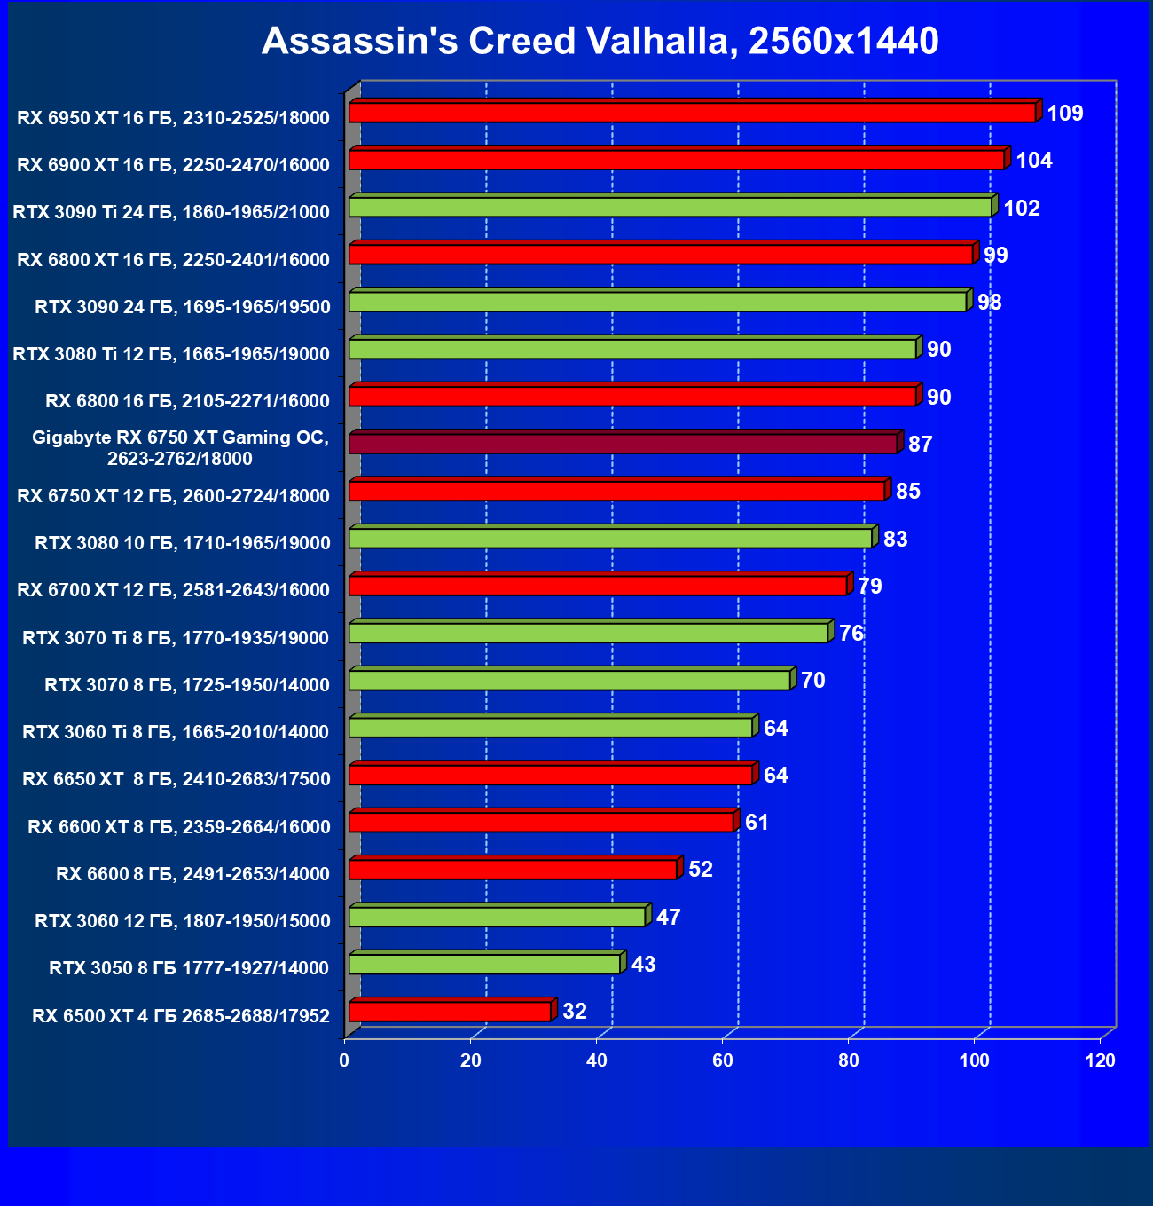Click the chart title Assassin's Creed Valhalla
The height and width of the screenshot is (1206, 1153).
600,41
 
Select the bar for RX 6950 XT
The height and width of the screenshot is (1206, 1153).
692,113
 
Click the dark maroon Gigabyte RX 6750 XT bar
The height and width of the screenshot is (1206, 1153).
623,443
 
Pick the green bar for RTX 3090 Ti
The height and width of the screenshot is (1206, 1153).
670,208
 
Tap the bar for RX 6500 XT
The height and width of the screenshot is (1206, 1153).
450,1012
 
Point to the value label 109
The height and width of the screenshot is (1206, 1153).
1064,114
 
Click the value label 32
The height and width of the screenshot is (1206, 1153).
575,1012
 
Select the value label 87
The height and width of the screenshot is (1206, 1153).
920,444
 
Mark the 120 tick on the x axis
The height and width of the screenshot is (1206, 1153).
1101,1060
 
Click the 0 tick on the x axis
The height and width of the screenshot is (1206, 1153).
344,1060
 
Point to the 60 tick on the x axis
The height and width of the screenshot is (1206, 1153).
723,1060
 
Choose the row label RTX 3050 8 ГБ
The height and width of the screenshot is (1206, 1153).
189,968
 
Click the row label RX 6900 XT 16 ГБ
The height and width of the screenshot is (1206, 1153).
173,165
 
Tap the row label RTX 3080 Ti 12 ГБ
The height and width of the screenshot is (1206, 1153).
171,354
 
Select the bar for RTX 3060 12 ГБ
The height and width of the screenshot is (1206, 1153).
497,917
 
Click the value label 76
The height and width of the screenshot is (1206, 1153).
851,634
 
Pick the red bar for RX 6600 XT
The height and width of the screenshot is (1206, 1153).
541,823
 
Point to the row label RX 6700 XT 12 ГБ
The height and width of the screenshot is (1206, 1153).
173,590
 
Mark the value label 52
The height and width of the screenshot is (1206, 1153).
700,870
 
